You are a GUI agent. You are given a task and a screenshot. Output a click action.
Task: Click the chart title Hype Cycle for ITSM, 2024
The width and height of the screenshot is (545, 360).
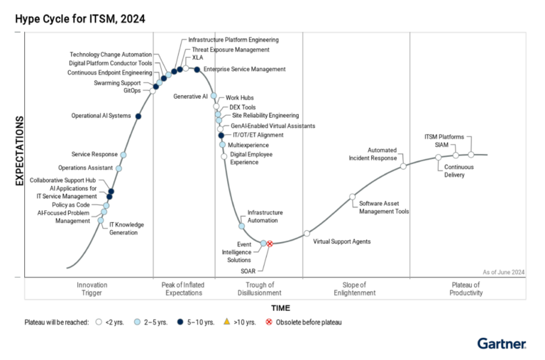80,19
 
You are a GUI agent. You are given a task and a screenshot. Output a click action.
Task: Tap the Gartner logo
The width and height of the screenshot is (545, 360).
502,344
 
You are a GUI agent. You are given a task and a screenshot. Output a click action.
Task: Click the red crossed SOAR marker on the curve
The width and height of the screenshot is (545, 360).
270,244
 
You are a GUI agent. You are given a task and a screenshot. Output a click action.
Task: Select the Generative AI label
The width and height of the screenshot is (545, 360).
190,96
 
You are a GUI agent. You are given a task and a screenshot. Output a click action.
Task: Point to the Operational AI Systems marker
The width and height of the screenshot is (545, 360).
138,116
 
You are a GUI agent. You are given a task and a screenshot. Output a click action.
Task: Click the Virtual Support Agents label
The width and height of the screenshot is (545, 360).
342,241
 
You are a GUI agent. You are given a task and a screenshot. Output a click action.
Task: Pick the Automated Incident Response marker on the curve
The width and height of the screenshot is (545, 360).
403,166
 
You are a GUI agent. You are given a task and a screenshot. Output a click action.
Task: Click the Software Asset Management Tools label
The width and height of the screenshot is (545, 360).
384,207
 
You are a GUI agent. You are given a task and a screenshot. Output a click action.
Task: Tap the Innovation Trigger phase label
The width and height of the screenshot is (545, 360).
92,288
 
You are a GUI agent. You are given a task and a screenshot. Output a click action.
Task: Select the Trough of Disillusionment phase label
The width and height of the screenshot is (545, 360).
255,288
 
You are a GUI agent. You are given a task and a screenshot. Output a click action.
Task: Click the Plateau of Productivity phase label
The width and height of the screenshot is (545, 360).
466,288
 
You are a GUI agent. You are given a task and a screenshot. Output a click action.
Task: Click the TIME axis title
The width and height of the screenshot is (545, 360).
280,307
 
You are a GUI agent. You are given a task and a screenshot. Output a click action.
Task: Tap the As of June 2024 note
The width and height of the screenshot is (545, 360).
503,272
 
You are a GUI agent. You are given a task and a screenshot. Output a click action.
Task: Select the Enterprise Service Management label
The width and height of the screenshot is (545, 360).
244,69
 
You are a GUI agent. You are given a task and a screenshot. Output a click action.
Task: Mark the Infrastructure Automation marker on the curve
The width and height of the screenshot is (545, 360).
241,226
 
